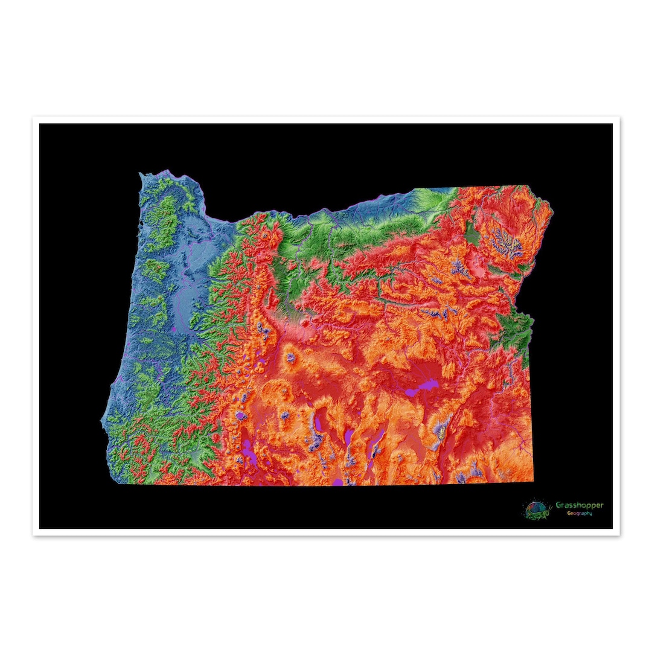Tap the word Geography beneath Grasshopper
(579, 513)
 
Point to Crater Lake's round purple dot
(241, 416)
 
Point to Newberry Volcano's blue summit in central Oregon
(290, 358)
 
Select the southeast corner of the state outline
(534, 481)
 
